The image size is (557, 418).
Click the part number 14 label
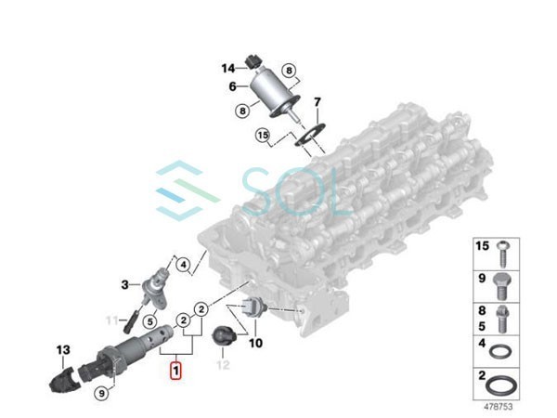tap(228, 68)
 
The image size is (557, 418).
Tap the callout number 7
tap(316, 101)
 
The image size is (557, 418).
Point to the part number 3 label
tap(124, 283)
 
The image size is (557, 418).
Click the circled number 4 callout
tap(184, 265)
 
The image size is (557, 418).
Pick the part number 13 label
tap(63, 350)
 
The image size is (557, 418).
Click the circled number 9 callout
tap(100, 394)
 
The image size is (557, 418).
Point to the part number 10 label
tap(256, 343)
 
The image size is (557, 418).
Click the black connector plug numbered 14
tap(249, 64)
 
